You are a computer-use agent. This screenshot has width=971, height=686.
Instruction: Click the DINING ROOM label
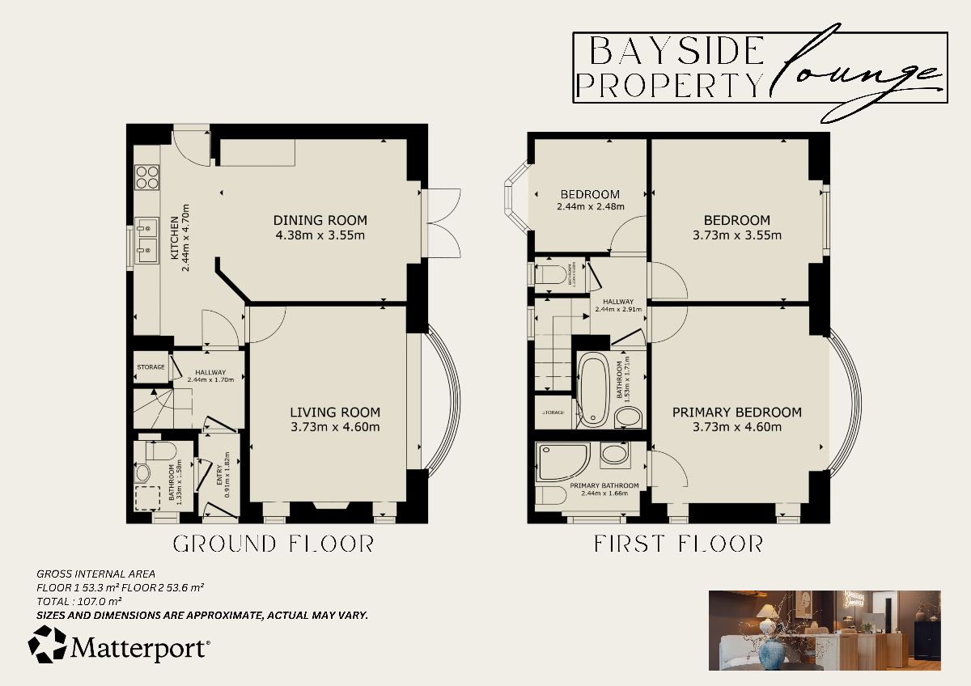(x=320, y=220)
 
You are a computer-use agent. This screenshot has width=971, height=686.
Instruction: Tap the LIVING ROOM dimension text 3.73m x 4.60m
(x=335, y=427)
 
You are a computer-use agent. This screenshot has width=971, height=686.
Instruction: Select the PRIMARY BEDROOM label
(x=737, y=412)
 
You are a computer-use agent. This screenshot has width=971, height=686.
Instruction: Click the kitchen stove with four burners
(x=147, y=176)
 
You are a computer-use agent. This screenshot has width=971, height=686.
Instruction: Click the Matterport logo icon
(x=48, y=645)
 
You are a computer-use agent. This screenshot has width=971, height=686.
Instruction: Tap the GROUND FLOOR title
(x=273, y=544)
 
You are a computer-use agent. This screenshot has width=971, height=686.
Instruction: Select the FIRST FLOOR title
(x=678, y=544)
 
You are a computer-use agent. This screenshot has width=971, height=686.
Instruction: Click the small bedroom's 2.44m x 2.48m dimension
(x=590, y=207)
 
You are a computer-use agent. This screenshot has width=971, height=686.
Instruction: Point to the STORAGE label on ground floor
(x=151, y=367)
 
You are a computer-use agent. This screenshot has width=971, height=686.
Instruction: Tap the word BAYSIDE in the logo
(x=676, y=52)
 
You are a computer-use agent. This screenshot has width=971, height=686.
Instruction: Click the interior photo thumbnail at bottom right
(x=824, y=630)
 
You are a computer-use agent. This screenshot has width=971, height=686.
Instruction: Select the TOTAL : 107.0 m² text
(x=79, y=601)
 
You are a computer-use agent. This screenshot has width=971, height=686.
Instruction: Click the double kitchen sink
(x=147, y=242)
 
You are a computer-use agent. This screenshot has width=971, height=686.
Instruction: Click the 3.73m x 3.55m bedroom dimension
(x=736, y=235)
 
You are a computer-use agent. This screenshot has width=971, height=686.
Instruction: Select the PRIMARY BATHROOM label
(x=604, y=486)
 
